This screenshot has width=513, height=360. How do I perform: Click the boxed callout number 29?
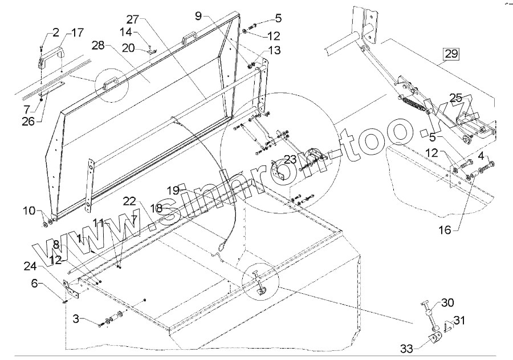pyautogui.click(x=451, y=55)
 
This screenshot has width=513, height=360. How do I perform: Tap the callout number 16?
pyautogui.click(x=445, y=230)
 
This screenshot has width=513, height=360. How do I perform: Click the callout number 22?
pyautogui.click(x=129, y=201)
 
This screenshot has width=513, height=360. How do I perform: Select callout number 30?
pyautogui.click(x=447, y=303)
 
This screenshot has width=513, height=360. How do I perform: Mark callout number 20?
pyautogui.click(x=128, y=48)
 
